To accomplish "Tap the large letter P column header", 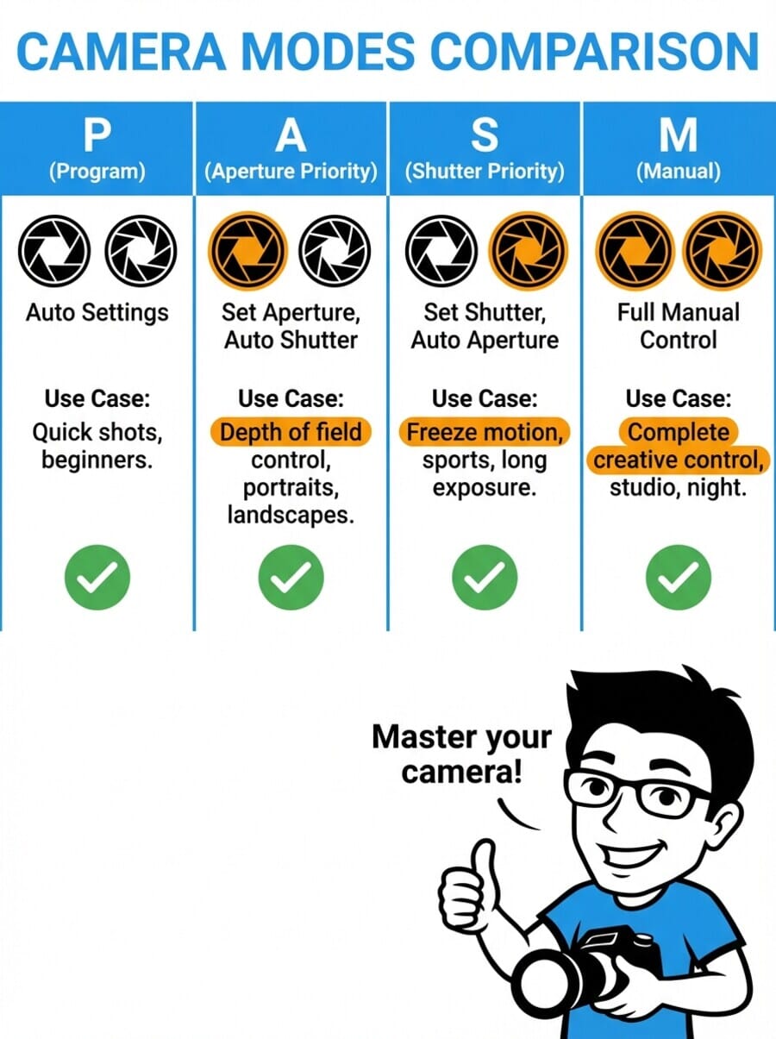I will click(x=97, y=136).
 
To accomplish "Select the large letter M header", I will click(x=678, y=136).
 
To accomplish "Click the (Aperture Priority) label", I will click(x=291, y=171).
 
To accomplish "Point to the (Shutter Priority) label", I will click(x=485, y=171).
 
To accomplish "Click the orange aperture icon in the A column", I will click(x=247, y=250).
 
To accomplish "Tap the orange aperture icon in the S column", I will click(x=528, y=250).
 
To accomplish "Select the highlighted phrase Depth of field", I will click(x=291, y=432).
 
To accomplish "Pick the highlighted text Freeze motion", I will click(x=485, y=432).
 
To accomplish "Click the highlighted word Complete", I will click(x=678, y=432).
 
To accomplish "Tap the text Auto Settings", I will click(x=97, y=311).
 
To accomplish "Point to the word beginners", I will click(x=97, y=460).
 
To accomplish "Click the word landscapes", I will click(x=291, y=516).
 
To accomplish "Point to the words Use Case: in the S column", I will click(x=485, y=399).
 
